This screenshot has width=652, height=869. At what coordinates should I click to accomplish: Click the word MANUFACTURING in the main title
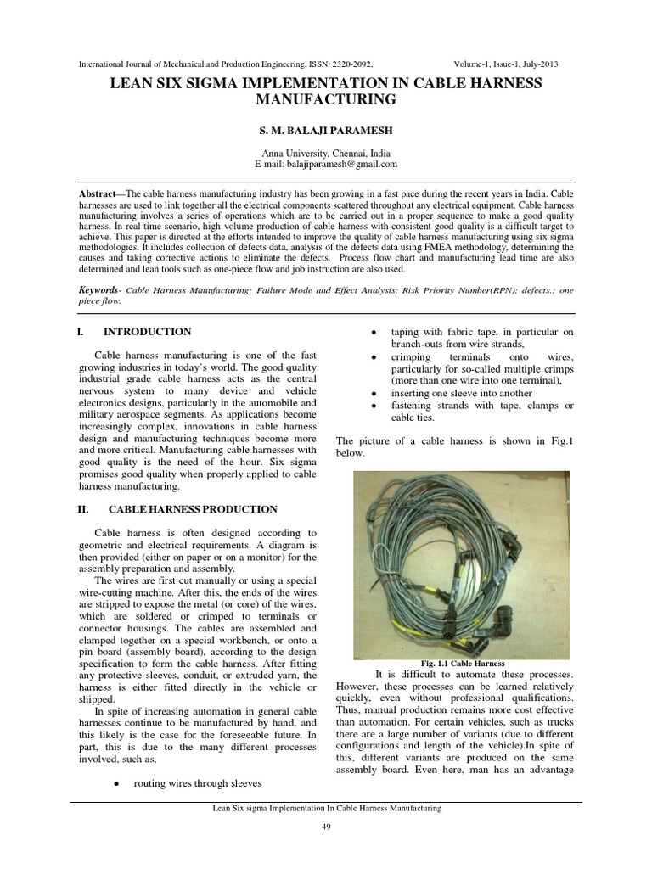(x=326, y=99)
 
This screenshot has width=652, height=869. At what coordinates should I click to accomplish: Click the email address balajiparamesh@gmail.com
(x=350, y=164)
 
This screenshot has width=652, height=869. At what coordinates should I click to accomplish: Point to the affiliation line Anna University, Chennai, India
(x=326, y=153)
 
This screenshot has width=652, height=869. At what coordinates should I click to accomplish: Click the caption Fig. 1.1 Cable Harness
(x=463, y=663)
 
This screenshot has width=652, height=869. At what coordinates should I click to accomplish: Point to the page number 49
(x=326, y=828)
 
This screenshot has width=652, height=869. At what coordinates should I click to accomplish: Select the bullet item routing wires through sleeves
(x=197, y=782)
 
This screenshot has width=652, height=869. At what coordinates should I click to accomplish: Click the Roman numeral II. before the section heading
(x=83, y=509)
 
